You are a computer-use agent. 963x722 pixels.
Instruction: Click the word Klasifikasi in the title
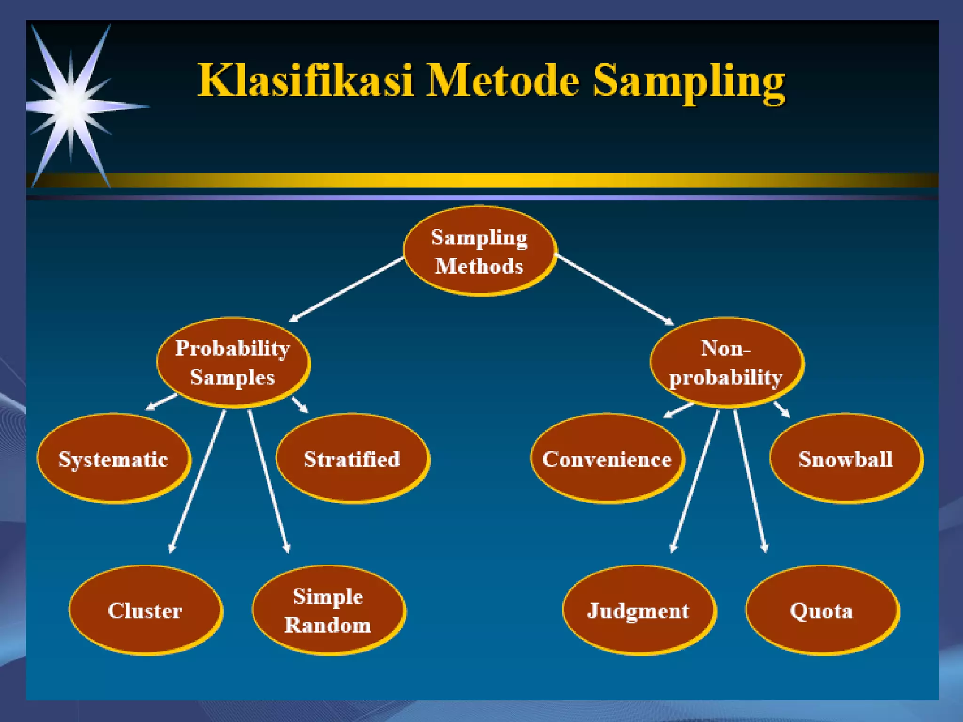pyautogui.click(x=305, y=81)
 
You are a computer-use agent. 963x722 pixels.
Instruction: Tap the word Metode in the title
pyautogui.click(x=502, y=81)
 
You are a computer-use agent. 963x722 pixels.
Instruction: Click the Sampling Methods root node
pyautogui.click(x=480, y=251)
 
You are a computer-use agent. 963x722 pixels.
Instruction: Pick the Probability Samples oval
pyautogui.click(x=233, y=362)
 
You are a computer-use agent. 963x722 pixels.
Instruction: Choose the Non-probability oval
pyautogui.click(x=726, y=362)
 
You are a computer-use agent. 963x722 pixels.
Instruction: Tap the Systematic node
pyautogui.click(x=113, y=458)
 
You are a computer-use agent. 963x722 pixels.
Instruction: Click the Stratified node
pyautogui.click(x=352, y=458)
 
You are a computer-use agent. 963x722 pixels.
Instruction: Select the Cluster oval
pyautogui.click(x=145, y=610)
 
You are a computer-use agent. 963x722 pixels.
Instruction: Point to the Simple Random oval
pyautogui.click(x=328, y=610)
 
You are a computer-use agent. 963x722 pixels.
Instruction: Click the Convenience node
pyautogui.click(x=607, y=458)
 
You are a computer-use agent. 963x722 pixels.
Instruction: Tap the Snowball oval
pyautogui.click(x=846, y=458)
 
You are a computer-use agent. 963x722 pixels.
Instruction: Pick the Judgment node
pyautogui.click(x=639, y=610)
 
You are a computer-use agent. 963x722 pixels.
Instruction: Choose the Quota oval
pyautogui.click(x=821, y=610)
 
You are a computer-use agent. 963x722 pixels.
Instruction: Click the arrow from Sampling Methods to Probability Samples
pyautogui.click(x=347, y=289)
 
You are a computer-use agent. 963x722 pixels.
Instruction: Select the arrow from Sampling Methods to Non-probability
pyautogui.click(x=615, y=290)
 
